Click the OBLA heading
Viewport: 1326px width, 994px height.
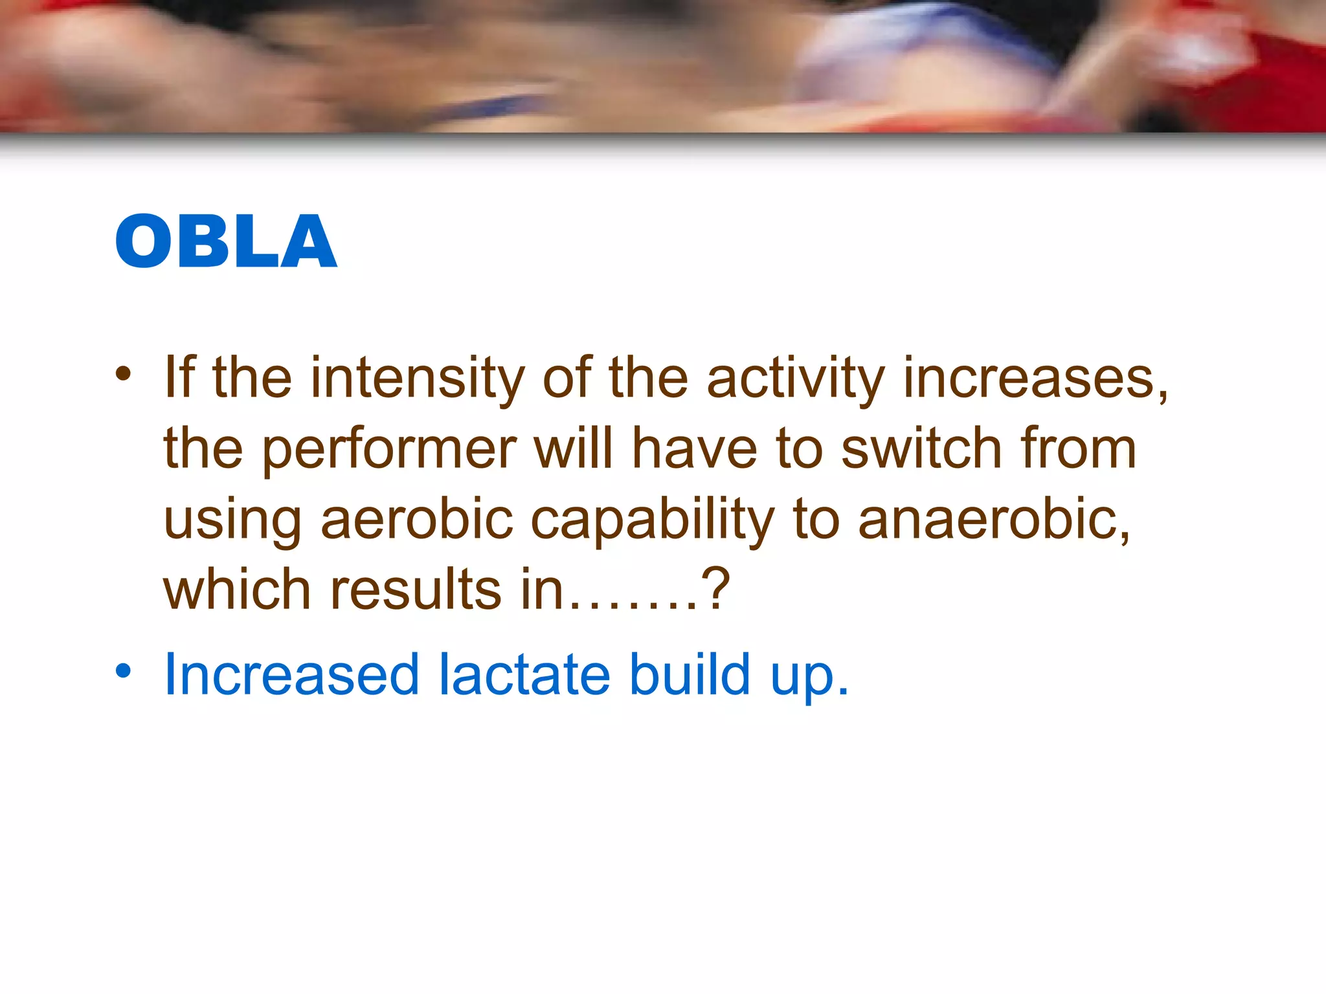[x=226, y=241]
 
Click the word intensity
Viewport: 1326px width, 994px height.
[x=417, y=378]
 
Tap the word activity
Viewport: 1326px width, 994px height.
[x=795, y=378]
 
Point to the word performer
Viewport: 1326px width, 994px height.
[x=388, y=449]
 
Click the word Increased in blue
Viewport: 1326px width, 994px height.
[x=291, y=675]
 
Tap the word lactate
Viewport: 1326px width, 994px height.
[x=524, y=675]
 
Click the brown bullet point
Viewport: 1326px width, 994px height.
[x=123, y=373]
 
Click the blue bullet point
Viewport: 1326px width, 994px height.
[x=123, y=671]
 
